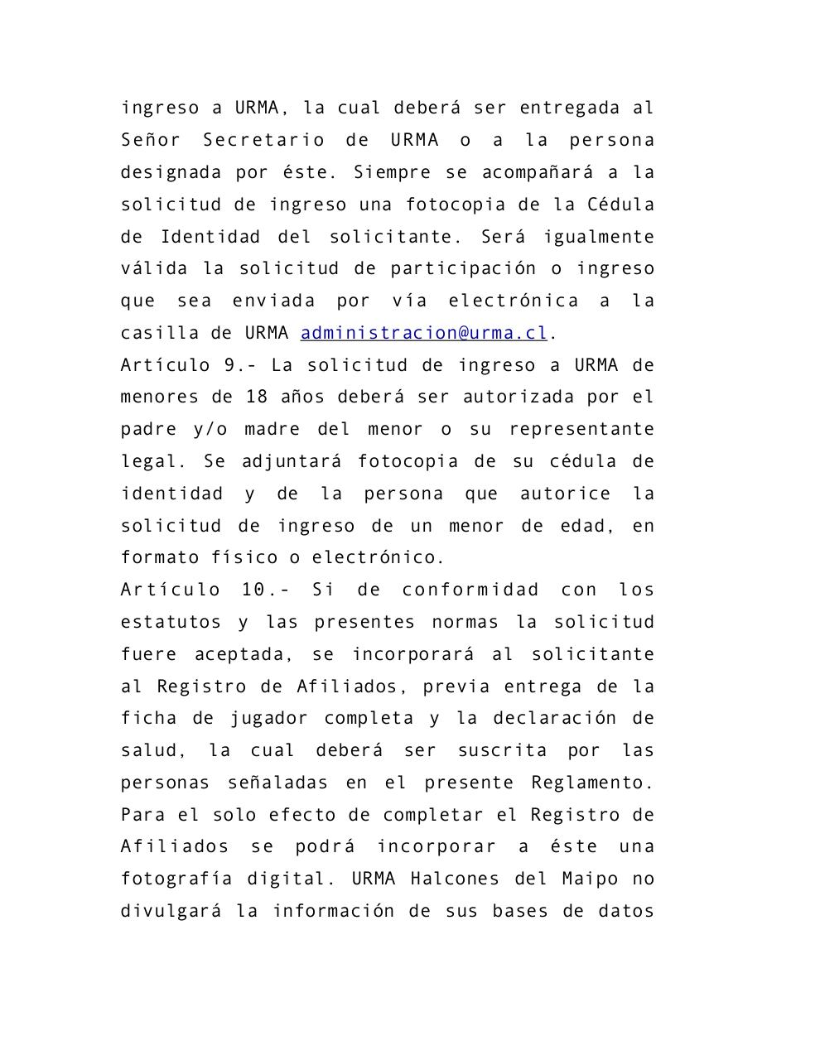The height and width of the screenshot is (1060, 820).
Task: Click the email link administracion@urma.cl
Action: click(x=423, y=333)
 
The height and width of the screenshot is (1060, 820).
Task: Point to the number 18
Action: click(x=257, y=397)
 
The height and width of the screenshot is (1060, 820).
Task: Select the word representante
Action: click(x=581, y=429)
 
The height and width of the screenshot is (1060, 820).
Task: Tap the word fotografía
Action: click(x=176, y=879)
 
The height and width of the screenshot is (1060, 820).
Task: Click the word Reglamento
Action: click(x=592, y=783)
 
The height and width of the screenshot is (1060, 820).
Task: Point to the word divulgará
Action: click(x=171, y=911)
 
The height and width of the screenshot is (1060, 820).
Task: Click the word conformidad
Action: click(x=470, y=590)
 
